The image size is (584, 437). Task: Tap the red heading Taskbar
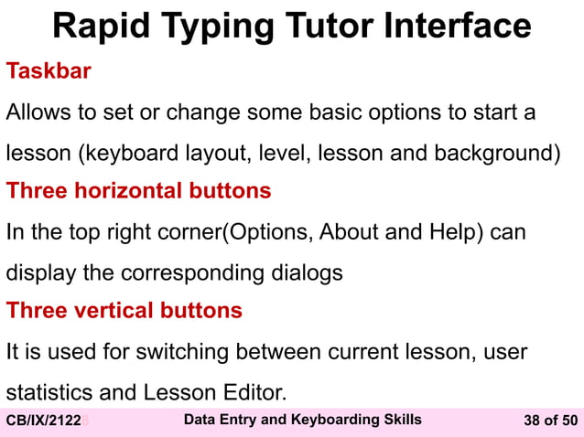click(49, 71)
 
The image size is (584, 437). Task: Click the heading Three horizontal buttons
click(139, 191)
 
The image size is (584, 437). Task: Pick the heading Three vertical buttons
click(124, 311)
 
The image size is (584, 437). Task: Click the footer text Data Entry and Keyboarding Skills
click(302, 420)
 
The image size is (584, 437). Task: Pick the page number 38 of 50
click(549, 421)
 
